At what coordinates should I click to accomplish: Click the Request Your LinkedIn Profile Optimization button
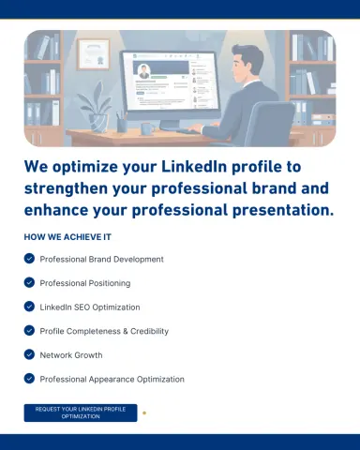click(x=81, y=412)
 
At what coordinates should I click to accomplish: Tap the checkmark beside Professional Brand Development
click(x=29, y=259)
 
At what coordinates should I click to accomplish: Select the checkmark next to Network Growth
click(x=29, y=354)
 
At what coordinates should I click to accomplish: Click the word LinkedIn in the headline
click(x=194, y=166)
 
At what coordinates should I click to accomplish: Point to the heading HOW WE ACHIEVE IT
click(x=67, y=237)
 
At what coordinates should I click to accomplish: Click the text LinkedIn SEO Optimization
click(x=90, y=307)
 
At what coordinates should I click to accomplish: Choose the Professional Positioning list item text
click(x=85, y=283)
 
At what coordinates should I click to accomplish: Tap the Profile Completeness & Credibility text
click(x=104, y=331)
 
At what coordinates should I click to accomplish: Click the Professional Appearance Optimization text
click(x=112, y=379)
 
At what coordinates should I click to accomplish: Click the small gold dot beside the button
click(x=144, y=413)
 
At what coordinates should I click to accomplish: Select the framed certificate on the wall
click(x=94, y=54)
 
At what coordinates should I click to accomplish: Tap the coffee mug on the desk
click(x=147, y=128)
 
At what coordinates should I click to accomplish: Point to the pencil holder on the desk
click(x=122, y=123)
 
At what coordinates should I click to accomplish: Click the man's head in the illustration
click(x=247, y=64)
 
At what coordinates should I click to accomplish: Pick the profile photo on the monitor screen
click(x=144, y=72)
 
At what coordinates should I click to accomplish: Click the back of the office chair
click(x=269, y=124)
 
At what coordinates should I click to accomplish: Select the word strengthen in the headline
click(x=66, y=188)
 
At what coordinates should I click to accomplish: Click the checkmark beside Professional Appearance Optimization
click(x=29, y=379)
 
